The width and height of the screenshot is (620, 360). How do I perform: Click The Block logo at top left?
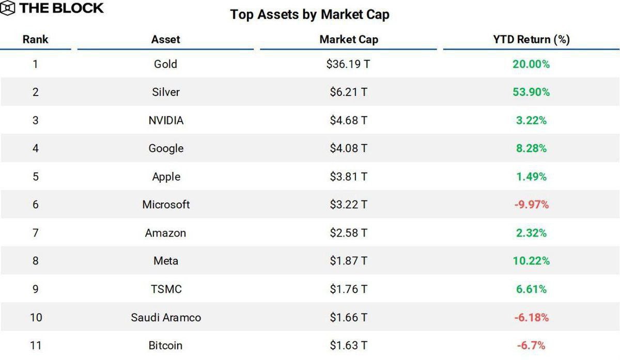pos(53,8)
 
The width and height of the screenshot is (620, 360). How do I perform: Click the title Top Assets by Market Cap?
pos(309,14)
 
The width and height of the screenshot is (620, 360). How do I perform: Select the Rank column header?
pos(36,39)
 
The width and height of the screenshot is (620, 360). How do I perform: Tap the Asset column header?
pos(166,39)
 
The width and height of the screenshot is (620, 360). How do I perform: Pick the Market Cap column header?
pos(349,39)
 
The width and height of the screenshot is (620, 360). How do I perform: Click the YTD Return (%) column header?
pos(531,39)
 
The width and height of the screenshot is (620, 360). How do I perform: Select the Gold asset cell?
pos(166,64)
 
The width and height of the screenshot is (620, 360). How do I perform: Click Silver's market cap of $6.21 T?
pos(349,92)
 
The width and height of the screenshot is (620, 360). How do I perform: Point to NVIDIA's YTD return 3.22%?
pos(531,120)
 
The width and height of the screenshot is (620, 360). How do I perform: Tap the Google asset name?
pos(166,149)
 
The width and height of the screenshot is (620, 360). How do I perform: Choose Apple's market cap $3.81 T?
pos(349,177)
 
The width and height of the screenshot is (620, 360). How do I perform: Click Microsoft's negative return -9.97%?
pos(531,205)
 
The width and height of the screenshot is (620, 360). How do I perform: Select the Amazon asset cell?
pos(166,233)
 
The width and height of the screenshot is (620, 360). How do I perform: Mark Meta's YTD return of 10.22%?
pos(531,261)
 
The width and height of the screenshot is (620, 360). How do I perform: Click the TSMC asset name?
pos(166,289)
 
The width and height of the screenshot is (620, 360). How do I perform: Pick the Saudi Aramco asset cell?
pos(166,317)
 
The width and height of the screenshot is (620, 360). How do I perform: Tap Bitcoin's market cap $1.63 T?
pos(349,345)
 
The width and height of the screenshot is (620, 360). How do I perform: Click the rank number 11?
pos(36,345)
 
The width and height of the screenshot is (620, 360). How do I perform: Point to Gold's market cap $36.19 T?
pos(349,64)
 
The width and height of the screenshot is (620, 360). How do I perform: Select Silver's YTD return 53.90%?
pos(531,92)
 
